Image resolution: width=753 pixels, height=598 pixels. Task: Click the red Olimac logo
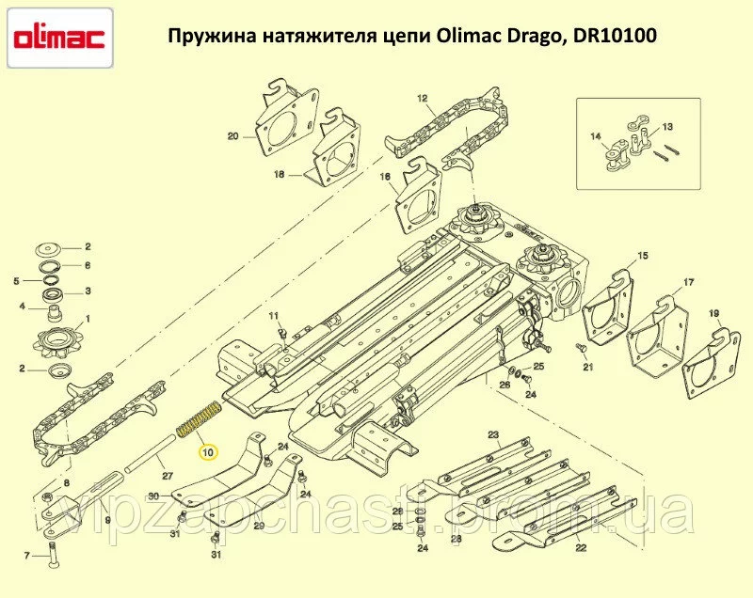tap(59, 39)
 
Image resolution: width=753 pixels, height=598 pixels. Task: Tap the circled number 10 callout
tap(209, 452)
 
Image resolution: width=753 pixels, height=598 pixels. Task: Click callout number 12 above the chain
tap(422, 99)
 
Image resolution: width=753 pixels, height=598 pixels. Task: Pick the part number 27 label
tap(168, 476)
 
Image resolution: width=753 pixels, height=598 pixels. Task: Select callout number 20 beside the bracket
tap(232, 136)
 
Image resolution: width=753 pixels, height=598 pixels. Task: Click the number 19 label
tap(714, 314)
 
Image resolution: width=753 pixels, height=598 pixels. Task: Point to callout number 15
tap(643, 256)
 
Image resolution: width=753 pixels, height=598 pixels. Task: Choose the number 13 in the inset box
tap(667, 127)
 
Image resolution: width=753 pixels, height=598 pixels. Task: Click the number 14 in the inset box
tap(596, 136)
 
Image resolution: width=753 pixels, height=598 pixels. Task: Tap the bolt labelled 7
tap(52, 555)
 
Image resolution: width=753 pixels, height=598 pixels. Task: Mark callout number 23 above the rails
tap(493, 435)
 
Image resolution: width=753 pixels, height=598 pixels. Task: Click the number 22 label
tap(581, 547)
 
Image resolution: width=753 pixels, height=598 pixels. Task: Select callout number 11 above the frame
tap(273, 316)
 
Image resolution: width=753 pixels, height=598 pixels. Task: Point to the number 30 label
tap(153, 496)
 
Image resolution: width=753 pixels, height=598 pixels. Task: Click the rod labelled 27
tap(148, 451)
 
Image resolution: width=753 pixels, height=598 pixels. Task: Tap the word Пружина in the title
tap(212, 37)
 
